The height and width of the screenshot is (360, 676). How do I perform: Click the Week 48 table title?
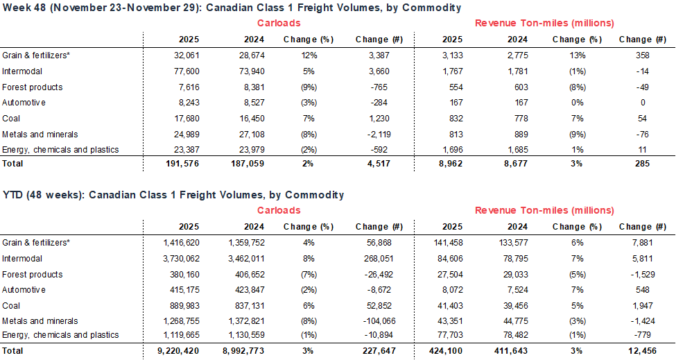(x=232, y=8)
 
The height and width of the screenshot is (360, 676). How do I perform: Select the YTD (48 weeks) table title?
(x=173, y=195)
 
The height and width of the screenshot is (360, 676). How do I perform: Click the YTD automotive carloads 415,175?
(x=180, y=290)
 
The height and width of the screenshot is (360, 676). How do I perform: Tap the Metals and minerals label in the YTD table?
(x=40, y=321)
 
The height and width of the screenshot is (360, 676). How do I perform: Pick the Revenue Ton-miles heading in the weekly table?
(x=544, y=23)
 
